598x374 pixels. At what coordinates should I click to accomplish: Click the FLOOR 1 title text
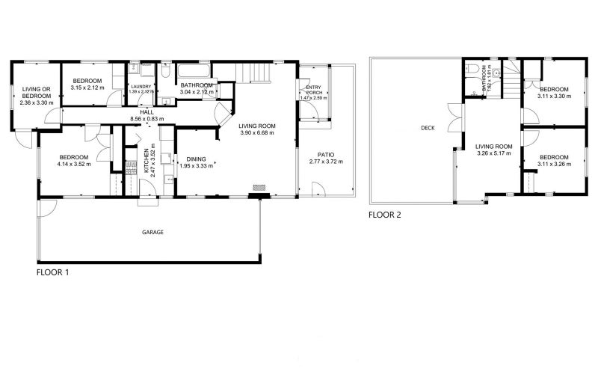click(x=53, y=273)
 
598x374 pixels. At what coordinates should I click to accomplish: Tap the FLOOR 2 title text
click(x=385, y=215)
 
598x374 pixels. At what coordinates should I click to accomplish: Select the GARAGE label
click(x=152, y=232)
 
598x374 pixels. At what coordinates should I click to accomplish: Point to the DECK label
click(x=428, y=128)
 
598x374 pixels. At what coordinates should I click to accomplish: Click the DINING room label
click(x=196, y=159)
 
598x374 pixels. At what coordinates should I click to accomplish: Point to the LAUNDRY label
click(x=141, y=87)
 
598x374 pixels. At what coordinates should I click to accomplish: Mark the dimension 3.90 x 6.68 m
click(x=257, y=133)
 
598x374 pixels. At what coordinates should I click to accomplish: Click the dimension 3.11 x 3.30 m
click(x=554, y=96)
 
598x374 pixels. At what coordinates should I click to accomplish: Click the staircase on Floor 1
click(x=258, y=73)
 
